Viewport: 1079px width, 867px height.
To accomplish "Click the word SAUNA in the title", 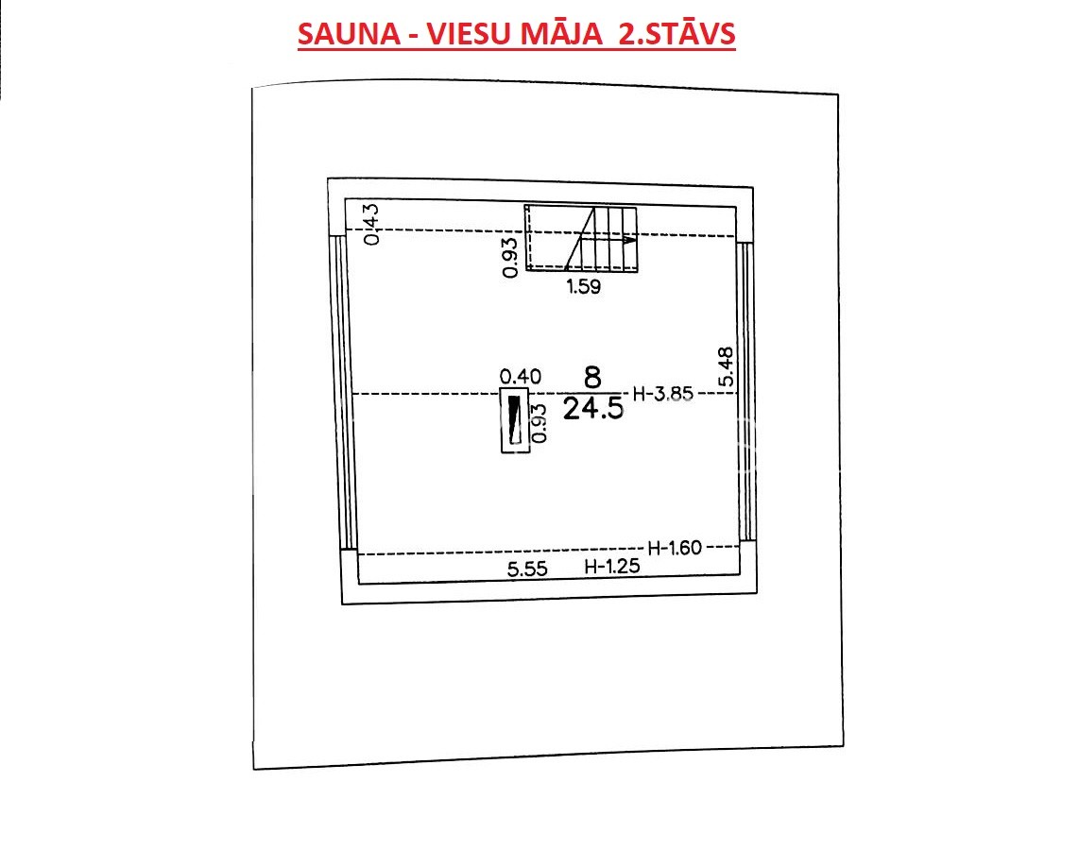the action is [349, 34].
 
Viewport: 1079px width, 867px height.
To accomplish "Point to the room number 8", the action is [591, 377].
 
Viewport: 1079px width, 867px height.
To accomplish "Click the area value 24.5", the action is [593, 409].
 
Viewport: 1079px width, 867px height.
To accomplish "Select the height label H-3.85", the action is [662, 394].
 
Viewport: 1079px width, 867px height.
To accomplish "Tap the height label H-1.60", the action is [675, 548].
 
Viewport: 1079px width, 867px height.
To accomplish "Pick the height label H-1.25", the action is [611, 567].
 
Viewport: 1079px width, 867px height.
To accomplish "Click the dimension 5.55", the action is [527, 569].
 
